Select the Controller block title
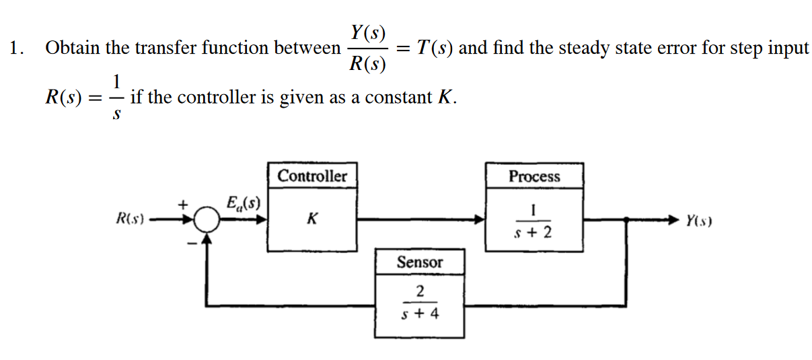pos(312,176)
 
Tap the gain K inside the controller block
pos(311,219)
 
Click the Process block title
pos(533,176)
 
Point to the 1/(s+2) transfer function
pos(533,221)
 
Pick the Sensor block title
pos(419,262)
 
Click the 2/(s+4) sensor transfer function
pos(419,302)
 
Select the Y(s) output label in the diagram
pos(700,220)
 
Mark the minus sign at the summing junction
pos(192,243)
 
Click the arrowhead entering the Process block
pos(479,219)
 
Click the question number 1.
pos(16,48)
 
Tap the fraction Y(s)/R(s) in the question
pos(368,48)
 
